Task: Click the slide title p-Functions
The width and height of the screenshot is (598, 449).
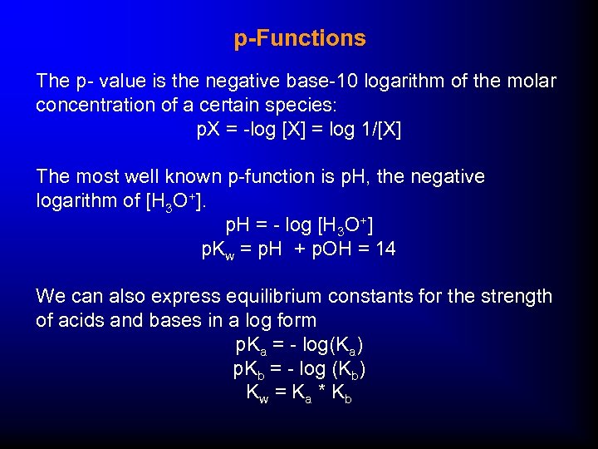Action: coord(299,38)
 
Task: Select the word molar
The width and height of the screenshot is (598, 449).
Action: coord(532,81)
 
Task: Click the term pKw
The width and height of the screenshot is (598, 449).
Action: coord(218,249)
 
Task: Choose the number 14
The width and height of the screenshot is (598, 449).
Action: coord(385,249)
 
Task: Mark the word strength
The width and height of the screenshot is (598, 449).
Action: coord(518,297)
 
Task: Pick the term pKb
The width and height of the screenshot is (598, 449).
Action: coord(249,369)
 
